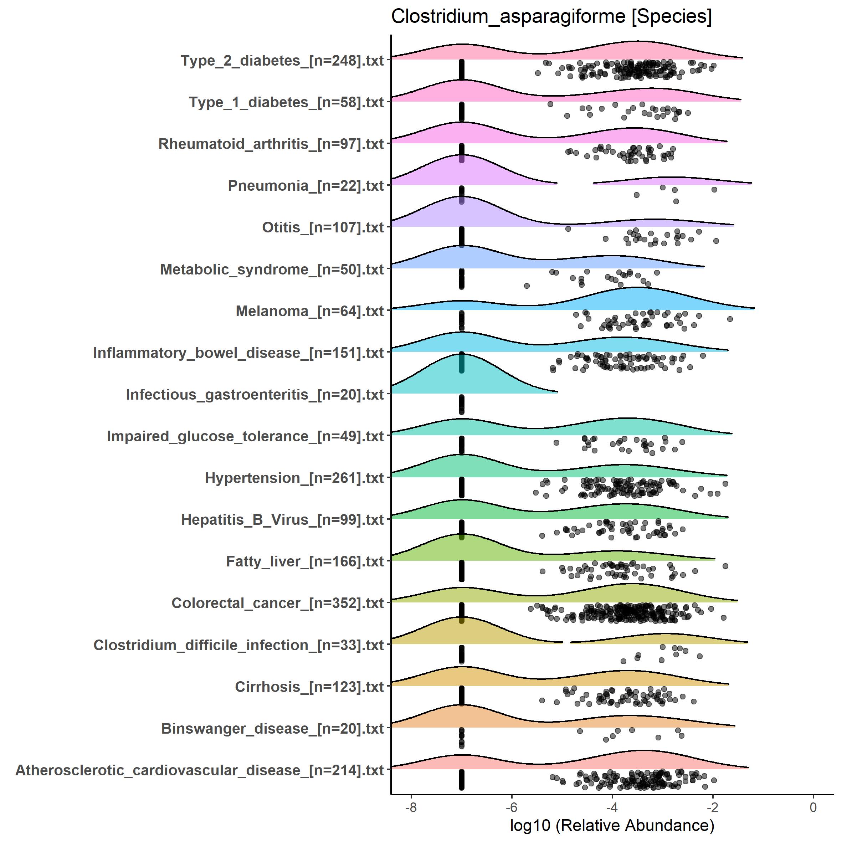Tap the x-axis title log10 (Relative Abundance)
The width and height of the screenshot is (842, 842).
[x=612, y=825]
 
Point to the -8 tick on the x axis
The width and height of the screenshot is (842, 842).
[x=411, y=807]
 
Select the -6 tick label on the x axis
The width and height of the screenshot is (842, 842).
[x=511, y=807]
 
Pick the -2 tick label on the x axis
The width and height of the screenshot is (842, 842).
[x=713, y=807]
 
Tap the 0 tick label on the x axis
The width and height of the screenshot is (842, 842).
[x=813, y=807]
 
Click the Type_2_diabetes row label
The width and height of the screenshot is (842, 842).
[x=282, y=61]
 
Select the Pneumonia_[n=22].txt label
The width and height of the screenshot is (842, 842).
[x=306, y=186]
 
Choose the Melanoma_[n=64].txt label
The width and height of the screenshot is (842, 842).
[x=309, y=311]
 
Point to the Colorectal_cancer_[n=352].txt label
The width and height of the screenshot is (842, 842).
[x=278, y=603]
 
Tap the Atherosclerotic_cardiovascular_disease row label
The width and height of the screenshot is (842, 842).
[x=200, y=770]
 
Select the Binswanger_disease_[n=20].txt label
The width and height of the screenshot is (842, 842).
[x=272, y=728]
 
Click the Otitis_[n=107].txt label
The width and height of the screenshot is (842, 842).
[x=323, y=227]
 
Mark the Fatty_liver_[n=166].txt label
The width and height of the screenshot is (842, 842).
[x=305, y=561]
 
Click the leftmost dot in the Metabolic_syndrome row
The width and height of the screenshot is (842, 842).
[x=527, y=286]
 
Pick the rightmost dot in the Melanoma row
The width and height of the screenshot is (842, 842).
[x=730, y=319]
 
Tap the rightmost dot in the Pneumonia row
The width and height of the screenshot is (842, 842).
[x=714, y=190]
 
